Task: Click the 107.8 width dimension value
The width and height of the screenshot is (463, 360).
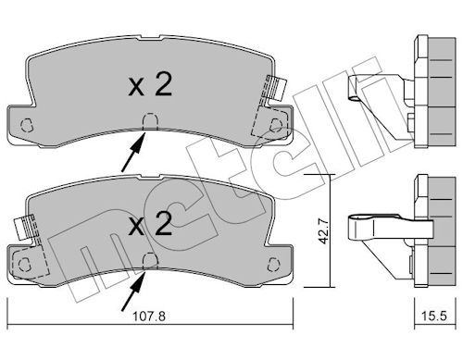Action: pos(149,317)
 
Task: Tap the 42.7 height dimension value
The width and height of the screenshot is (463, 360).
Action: pos(323,231)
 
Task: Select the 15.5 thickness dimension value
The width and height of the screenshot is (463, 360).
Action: pos(434,317)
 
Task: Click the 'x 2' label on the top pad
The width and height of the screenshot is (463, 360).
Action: pos(150,85)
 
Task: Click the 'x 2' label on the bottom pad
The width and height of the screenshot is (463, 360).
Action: pos(150,224)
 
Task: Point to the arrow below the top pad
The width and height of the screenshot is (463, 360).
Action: pos(133,151)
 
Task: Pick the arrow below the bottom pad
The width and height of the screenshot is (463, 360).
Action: pos(133,291)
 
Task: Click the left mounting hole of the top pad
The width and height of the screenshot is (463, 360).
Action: pos(26,125)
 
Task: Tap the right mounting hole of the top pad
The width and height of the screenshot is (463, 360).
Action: pos(276,125)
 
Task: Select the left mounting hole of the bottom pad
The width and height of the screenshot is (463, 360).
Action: pos(24,265)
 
